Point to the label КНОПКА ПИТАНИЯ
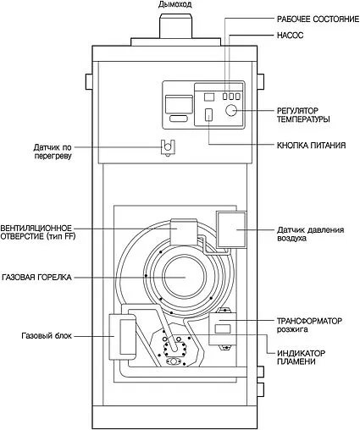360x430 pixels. coord(311,146)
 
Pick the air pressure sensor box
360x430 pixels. coord(230,229)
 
